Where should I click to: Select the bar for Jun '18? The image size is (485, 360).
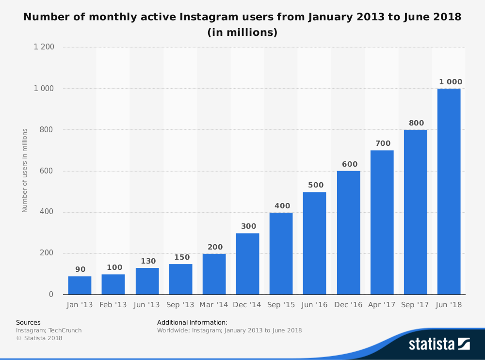point(449,191)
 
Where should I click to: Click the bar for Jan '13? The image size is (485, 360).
point(80,285)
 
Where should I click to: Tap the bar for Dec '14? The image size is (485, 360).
point(247,264)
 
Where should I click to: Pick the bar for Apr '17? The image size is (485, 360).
point(382,222)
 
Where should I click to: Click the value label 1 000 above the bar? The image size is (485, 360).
point(451,82)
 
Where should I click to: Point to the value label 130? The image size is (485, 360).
point(148,261)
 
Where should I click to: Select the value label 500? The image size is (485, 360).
point(315,185)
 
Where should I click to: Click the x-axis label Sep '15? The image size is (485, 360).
point(281,305)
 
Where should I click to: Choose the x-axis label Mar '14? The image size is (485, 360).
point(214,305)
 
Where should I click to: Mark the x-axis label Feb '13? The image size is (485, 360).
point(113,305)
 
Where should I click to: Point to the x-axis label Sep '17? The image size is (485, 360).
point(416,305)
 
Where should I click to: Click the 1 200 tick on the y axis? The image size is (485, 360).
point(44,47)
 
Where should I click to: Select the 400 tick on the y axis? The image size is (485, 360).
point(48,212)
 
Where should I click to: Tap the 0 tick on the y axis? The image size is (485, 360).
point(51,295)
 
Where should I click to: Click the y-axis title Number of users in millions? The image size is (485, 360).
point(25,170)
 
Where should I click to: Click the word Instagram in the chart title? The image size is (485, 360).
point(209,17)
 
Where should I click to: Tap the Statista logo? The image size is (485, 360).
point(439,344)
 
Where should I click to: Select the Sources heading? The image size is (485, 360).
point(28,322)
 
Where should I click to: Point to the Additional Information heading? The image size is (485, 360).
point(192,322)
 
